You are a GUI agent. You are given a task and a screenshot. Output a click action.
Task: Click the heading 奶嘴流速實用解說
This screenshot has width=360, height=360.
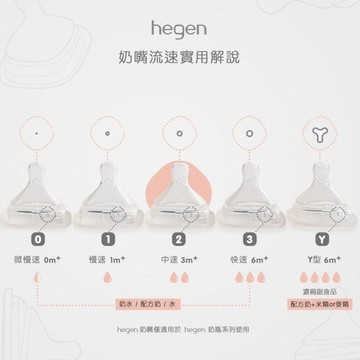click(180, 57)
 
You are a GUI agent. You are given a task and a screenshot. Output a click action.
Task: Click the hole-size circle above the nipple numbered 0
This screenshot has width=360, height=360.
click(37, 130)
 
